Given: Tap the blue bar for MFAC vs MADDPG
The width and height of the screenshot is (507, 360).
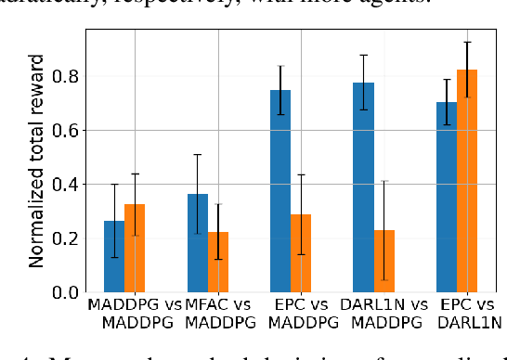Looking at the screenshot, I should pos(197,243).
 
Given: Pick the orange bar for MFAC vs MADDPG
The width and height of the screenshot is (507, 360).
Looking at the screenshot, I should pos(217,262).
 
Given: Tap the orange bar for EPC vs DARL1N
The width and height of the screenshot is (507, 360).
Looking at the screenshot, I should pos(467,181).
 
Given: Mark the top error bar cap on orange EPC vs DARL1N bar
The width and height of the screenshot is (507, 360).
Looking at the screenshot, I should pos(467,42).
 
